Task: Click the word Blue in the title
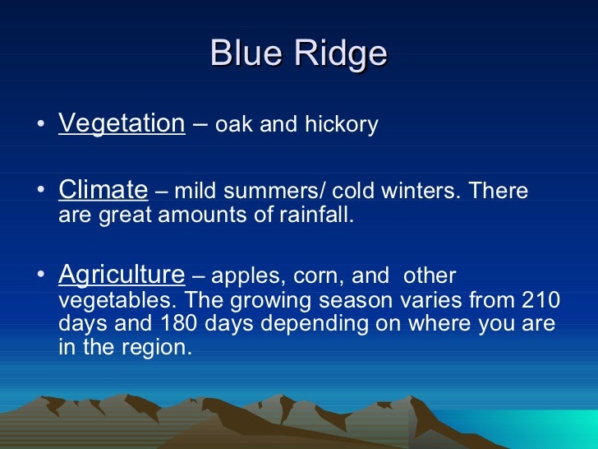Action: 246,53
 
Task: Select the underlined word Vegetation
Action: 122,123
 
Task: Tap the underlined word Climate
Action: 103,189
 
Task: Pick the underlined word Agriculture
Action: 122,275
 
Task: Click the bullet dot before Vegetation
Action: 41,123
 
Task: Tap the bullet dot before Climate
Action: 41,189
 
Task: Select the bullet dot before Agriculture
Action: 41,274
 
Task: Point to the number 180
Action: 178,322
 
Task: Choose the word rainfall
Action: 316,214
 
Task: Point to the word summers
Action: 271,192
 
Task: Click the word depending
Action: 315,324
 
